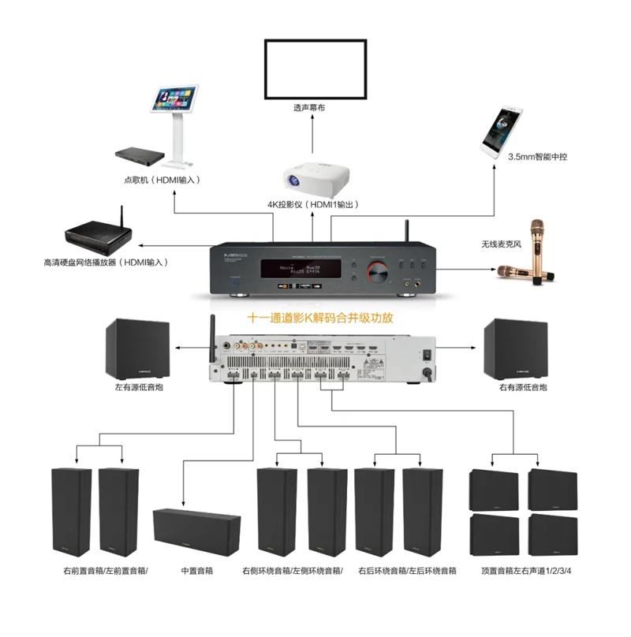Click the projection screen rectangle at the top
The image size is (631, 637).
pyautogui.click(x=315, y=69)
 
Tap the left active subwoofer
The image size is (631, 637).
pyautogui.click(x=136, y=348)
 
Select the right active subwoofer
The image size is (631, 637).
pyautogui.click(x=515, y=348)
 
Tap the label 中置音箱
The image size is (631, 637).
pyautogui.click(x=196, y=570)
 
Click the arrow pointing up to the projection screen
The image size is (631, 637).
pyautogui.click(x=314, y=136)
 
